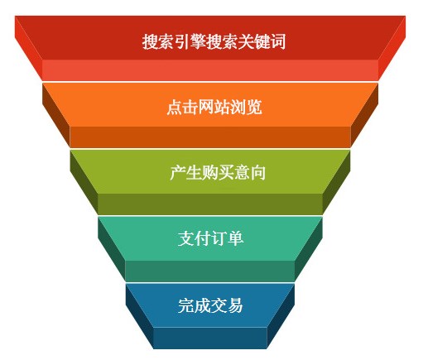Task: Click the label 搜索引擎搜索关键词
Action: tap(214, 41)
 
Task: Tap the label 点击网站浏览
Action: tap(214, 107)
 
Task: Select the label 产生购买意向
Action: tap(218, 172)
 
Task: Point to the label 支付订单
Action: tap(210, 238)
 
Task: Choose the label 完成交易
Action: tap(210, 305)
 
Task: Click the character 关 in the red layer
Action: tap(246, 41)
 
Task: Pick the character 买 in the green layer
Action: tap(225, 172)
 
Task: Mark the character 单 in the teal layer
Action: tap(235, 238)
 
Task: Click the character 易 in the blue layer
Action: tap(235, 305)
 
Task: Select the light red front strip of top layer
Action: tap(210, 70)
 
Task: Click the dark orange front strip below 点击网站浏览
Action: tap(210, 137)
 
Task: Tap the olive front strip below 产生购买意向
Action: tap(210, 204)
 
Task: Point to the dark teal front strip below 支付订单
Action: tap(210, 271)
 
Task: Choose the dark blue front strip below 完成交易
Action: tap(210, 338)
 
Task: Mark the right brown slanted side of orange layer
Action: tap(364, 113)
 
